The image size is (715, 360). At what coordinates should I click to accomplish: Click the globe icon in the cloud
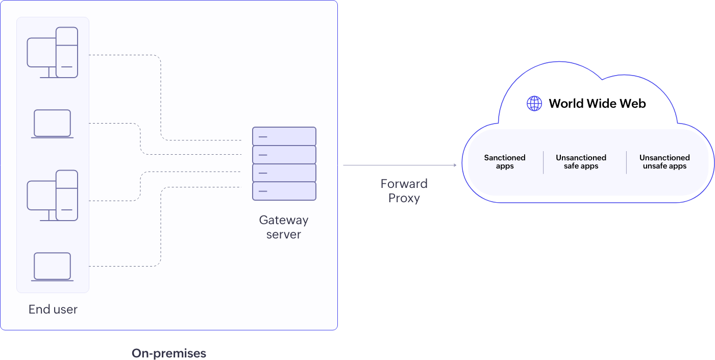click(534, 103)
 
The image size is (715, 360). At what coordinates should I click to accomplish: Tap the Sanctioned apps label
click(505, 162)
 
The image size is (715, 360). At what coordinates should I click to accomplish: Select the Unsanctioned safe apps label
click(581, 162)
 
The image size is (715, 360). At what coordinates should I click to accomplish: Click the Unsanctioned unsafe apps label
click(664, 162)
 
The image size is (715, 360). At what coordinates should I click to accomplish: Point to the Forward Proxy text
click(404, 190)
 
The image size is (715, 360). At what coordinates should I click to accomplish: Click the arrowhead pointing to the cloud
click(455, 165)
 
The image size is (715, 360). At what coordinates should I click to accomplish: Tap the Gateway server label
click(284, 227)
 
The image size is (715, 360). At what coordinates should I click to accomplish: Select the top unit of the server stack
click(284, 136)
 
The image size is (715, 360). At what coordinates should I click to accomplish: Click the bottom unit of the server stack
click(284, 191)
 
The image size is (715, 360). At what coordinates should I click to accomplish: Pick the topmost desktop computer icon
click(53, 53)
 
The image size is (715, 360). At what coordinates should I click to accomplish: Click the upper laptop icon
click(52, 124)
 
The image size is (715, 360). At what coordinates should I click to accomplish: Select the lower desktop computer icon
click(53, 196)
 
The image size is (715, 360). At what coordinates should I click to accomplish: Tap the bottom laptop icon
click(52, 267)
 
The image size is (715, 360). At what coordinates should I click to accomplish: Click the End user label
click(53, 309)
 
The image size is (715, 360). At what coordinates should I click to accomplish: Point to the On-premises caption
click(169, 353)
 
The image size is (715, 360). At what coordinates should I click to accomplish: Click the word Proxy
click(404, 198)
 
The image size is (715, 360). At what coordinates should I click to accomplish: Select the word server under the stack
click(284, 234)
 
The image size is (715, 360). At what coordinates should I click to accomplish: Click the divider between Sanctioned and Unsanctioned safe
click(543, 162)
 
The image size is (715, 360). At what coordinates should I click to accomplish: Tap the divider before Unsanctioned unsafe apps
click(626, 162)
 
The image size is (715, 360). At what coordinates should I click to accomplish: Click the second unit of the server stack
click(284, 155)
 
